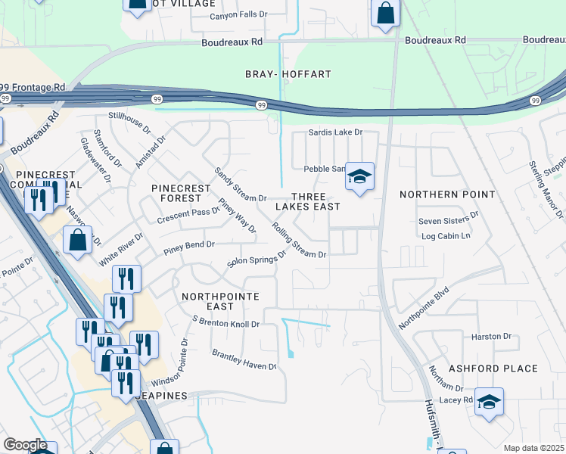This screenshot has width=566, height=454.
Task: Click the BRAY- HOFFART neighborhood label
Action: pyautogui.click(x=288, y=74)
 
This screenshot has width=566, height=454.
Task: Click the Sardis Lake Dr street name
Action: pyautogui.click(x=336, y=132)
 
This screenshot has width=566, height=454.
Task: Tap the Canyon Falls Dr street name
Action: pyautogui.click(x=238, y=15)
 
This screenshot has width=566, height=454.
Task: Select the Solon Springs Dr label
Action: pyautogui.click(x=257, y=260)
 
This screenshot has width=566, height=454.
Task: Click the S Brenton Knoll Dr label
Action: pyautogui.click(x=226, y=324)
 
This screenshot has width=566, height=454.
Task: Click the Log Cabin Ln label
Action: pyautogui.click(x=445, y=236)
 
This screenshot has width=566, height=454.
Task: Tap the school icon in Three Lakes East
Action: pyautogui.click(x=359, y=177)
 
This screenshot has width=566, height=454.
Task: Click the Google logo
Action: pyautogui.click(x=24, y=445)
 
